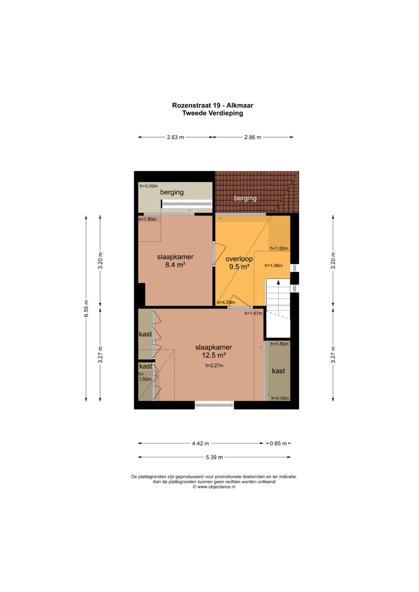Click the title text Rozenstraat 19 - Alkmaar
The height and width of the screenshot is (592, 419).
213,105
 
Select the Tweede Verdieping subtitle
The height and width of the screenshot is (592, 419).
213,113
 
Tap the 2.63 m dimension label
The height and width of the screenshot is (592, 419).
175,137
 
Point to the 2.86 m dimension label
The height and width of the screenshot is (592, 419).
253,137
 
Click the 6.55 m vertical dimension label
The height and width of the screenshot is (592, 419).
86,309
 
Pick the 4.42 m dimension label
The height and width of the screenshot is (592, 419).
200,444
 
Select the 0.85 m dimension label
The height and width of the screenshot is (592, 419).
278,444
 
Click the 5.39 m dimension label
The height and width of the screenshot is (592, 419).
214,457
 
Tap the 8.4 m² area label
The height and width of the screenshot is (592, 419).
175,264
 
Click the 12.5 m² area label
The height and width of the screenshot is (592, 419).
214,355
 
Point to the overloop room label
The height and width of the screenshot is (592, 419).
239,259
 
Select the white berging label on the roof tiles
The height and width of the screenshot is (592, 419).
245,198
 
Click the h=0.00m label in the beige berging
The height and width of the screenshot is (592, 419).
149,186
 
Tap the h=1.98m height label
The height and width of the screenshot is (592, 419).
274,266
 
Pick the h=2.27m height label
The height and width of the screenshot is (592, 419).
214,366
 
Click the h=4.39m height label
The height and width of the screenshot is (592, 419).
226,302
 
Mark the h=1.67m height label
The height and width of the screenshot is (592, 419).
253,313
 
